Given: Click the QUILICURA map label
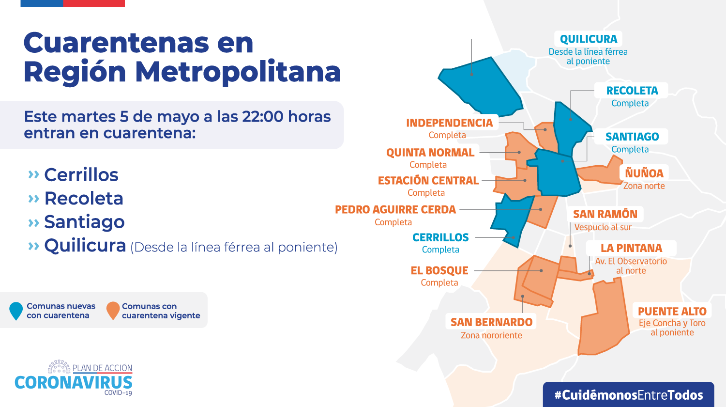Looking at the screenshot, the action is tap(589, 39).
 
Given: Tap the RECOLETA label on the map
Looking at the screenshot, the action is tap(632, 91).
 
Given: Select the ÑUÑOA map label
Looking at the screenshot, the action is tap(644, 173).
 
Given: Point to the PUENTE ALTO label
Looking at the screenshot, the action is tap(672, 312).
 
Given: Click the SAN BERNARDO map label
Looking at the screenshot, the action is tap(491, 322).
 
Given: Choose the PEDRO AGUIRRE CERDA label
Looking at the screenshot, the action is tap(395, 210).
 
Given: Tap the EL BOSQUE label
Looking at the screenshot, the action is tap(439, 271).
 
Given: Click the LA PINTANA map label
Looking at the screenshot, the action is tap(631, 248).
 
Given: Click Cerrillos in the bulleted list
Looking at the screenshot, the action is tap(81, 175).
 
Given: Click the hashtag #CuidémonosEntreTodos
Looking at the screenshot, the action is tap(629, 395).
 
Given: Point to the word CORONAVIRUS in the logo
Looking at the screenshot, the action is tap(74, 383).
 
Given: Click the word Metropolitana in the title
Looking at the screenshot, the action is tap(238, 72).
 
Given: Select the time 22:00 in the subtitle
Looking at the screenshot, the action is tap(263, 116).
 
